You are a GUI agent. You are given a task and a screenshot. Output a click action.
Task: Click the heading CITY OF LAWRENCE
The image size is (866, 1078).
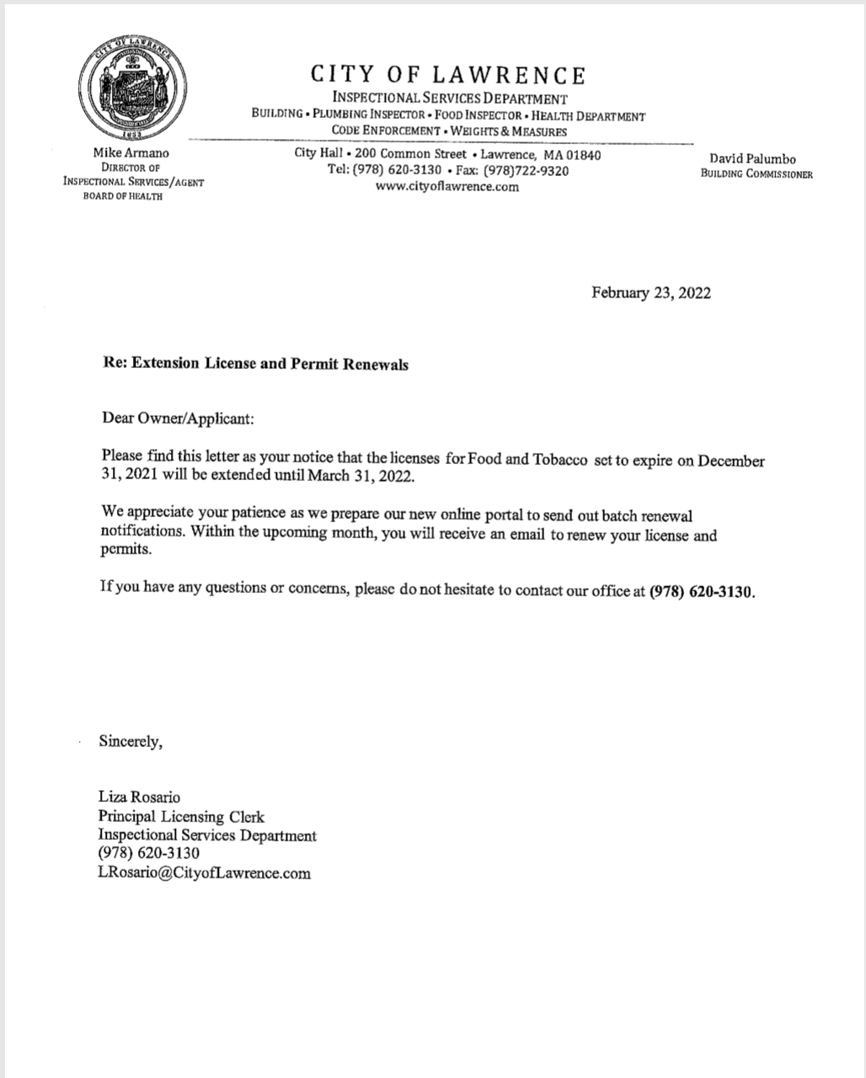click(x=448, y=75)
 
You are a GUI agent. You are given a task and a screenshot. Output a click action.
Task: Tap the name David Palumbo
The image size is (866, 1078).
click(x=752, y=158)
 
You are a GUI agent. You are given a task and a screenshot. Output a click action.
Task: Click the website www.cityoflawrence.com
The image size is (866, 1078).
click(x=447, y=187)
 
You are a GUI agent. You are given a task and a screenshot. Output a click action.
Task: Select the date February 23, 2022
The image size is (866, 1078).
click(x=650, y=293)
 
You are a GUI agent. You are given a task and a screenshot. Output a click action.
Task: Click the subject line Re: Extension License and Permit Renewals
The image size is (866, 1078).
click(x=254, y=364)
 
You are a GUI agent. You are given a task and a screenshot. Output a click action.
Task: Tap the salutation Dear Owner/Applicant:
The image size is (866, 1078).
click(x=177, y=418)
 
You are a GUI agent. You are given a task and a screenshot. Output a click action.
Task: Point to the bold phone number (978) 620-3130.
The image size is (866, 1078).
click(x=702, y=591)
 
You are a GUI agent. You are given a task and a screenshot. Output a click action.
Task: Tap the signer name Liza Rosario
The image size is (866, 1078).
click(x=139, y=797)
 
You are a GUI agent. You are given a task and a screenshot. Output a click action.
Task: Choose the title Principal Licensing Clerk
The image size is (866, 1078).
click(x=181, y=816)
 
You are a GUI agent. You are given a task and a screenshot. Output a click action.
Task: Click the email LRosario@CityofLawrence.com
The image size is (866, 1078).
click(x=204, y=873)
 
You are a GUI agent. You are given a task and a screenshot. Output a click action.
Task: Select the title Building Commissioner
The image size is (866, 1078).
click(x=756, y=174)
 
